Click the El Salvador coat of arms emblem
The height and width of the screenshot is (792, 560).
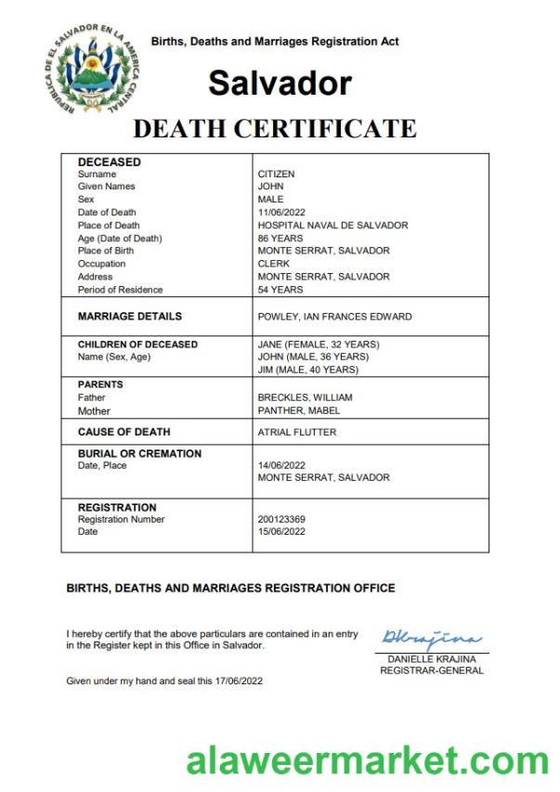(x=90, y=71)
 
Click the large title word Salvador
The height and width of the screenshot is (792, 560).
(x=280, y=84)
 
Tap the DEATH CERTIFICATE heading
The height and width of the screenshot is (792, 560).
(x=274, y=128)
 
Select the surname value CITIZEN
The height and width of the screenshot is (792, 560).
(x=276, y=174)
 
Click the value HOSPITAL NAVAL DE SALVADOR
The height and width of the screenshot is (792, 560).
(x=332, y=226)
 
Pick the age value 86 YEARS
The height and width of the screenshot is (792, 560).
(x=280, y=239)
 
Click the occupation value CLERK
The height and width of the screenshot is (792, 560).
(x=274, y=264)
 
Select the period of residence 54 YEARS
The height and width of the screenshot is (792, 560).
(x=280, y=290)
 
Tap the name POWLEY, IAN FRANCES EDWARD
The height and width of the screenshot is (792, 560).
(x=334, y=317)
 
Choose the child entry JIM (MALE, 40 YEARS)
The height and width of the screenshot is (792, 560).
(x=307, y=370)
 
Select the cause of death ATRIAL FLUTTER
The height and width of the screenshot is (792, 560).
(x=296, y=432)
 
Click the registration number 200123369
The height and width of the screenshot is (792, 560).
(x=281, y=519)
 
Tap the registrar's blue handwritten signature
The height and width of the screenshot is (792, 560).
(x=431, y=639)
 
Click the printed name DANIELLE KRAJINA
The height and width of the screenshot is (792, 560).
(x=431, y=658)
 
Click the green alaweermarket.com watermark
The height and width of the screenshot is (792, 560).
(x=368, y=761)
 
